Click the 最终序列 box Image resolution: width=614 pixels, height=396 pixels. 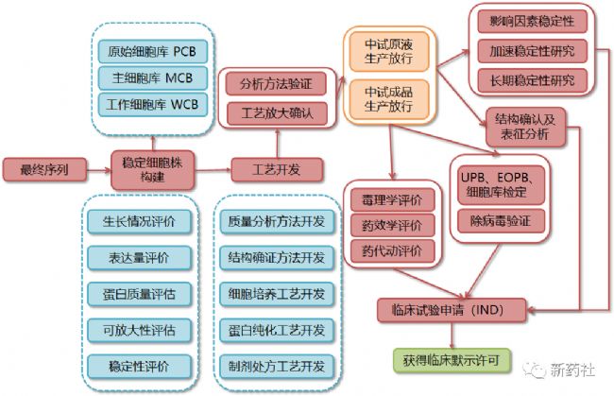tap(44, 169)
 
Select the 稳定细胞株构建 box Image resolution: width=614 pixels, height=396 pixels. tap(152, 170)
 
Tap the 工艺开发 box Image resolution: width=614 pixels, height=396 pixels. tap(277, 169)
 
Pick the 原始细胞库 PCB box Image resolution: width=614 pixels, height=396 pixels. tap(152, 51)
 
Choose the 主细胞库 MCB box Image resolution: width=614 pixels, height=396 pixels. tap(152, 77)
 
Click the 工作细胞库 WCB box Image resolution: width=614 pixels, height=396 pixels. tap(152, 105)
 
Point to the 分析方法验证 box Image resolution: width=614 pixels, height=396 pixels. tap(276, 83)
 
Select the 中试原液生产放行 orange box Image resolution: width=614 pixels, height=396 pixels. tap(389, 52)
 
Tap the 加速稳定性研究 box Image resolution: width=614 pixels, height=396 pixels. tap(532, 51)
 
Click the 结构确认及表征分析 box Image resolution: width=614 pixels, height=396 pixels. tap(525, 127)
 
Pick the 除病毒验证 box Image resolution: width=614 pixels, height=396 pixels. tap(501, 221)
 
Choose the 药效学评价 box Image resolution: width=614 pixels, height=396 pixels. tap(392, 225)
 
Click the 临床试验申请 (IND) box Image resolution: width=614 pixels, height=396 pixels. tap(452, 310)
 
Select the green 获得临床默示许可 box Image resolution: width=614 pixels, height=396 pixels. tap(452, 360)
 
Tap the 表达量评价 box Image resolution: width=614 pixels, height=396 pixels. tap(139, 258)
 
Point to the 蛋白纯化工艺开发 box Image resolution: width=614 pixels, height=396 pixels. tap(277, 330)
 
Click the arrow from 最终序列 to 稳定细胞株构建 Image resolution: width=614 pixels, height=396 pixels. tap(98, 170)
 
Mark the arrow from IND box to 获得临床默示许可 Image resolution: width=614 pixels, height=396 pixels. tap(452, 336)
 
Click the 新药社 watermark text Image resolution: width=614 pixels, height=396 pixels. tap(572, 370)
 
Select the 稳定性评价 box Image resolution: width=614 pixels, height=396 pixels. tap(139, 367)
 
